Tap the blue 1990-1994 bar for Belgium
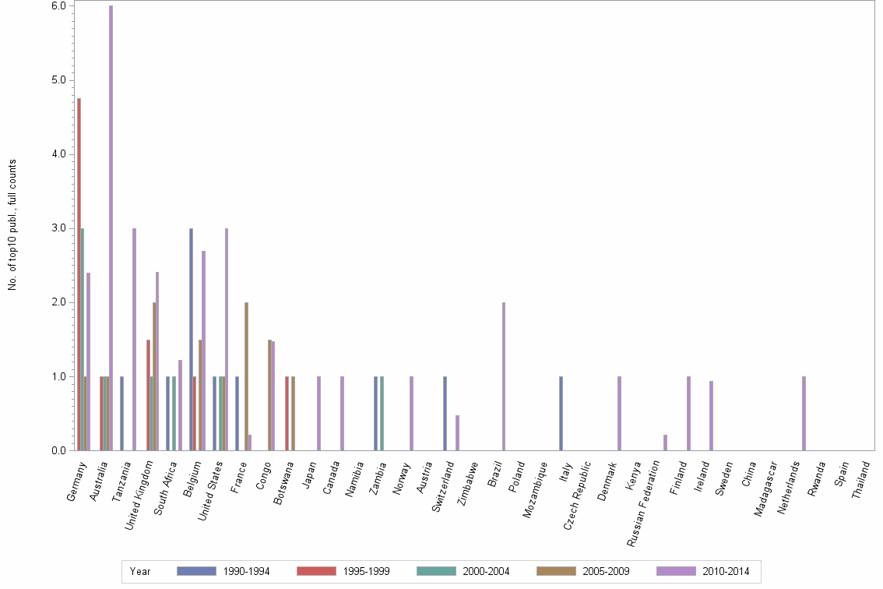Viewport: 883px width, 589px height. click(191, 339)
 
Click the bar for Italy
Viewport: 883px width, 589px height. click(561, 413)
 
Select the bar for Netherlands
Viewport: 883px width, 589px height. click(804, 413)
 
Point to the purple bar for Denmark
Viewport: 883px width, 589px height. click(619, 413)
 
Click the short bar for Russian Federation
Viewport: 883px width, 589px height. click(665, 443)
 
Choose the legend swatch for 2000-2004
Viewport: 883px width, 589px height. click(436, 571)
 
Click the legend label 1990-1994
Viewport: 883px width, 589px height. click(247, 572)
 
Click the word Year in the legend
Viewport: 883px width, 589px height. click(140, 572)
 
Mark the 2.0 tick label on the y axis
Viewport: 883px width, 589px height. click(58, 302)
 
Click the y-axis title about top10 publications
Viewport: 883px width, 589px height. click(12, 224)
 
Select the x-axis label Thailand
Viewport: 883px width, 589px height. click(861, 483)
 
